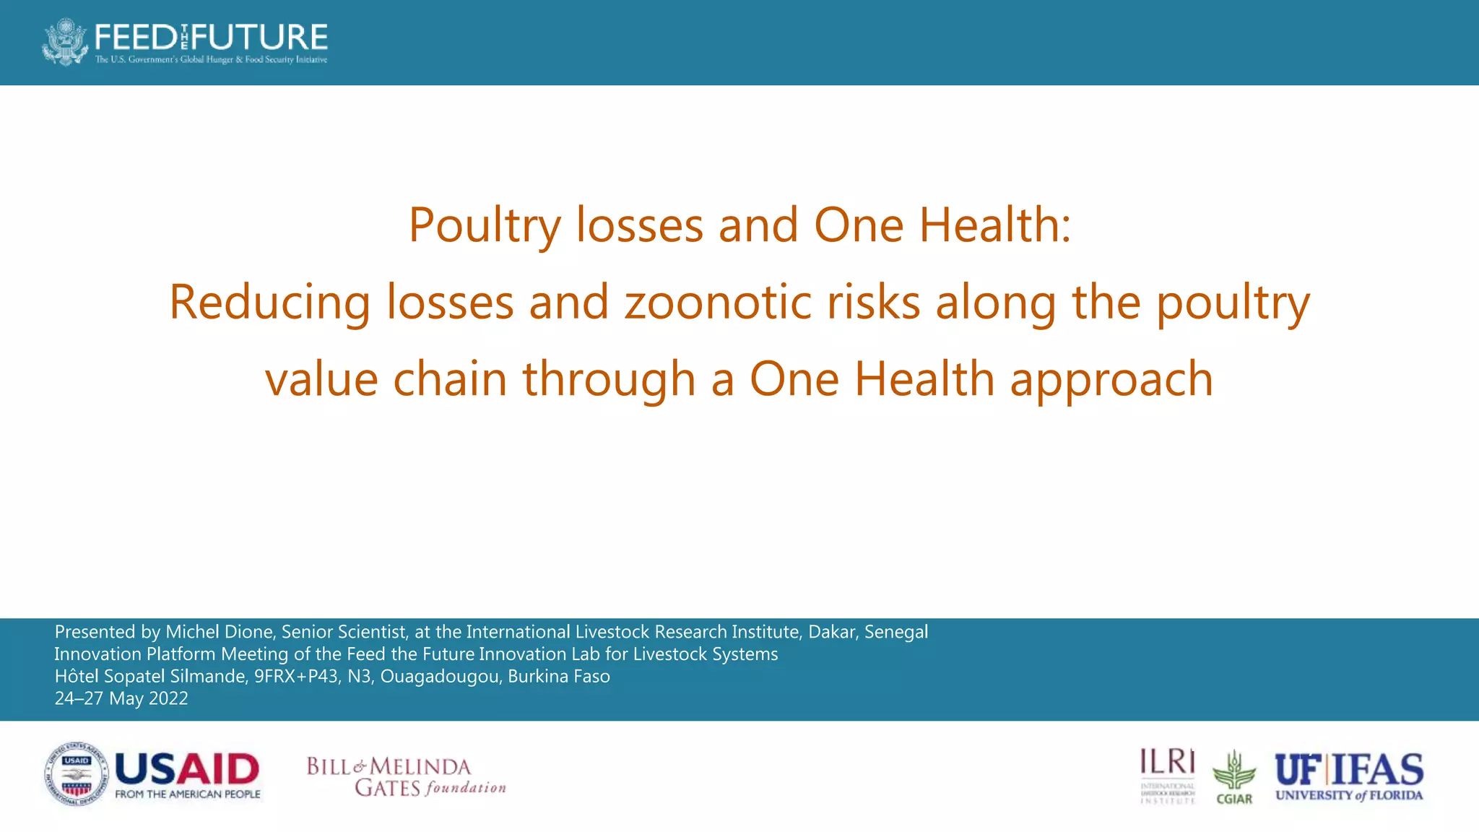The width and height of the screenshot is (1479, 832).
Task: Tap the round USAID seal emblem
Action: [76, 773]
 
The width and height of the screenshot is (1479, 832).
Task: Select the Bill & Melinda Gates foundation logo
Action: [406, 776]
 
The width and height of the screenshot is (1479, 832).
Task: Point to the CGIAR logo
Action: [1234, 777]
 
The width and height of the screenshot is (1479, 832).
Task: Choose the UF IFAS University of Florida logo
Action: [1348, 776]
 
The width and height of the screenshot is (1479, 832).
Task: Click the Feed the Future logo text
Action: [211, 36]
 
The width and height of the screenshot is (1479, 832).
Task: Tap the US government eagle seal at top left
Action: [66, 42]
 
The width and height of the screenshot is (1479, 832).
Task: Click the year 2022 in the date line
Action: [168, 698]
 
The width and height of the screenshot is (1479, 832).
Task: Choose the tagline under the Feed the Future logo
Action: [211, 59]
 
